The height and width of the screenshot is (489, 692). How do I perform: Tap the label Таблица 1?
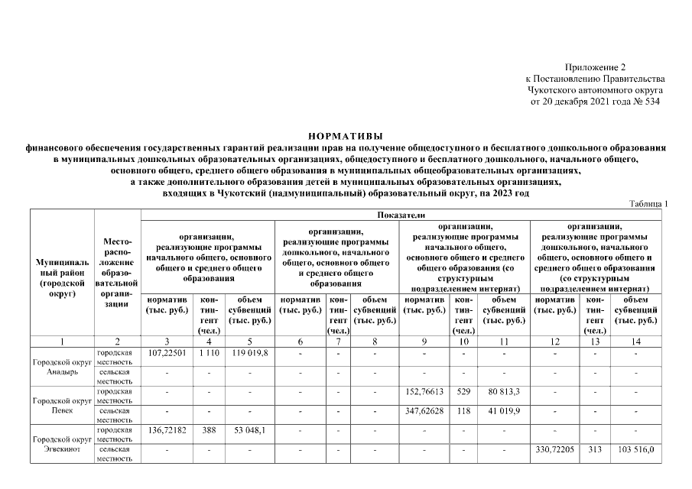pyautogui.click(x=649, y=204)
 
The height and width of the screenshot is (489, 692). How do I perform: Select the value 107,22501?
pyautogui.click(x=167, y=354)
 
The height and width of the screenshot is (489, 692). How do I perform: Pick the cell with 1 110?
pyautogui.click(x=209, y=354)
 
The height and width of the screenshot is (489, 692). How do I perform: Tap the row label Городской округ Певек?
pyautogui.click(x=61, y=404)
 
